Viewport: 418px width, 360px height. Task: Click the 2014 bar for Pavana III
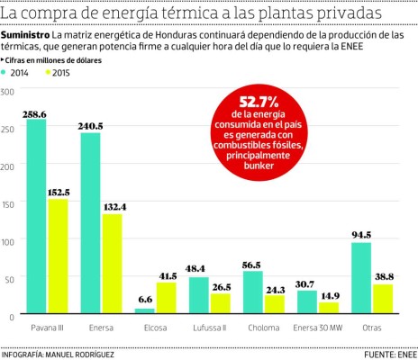36,216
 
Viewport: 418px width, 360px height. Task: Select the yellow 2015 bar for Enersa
112,265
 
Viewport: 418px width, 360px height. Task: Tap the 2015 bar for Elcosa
166,298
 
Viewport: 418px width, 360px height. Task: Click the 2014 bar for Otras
361,278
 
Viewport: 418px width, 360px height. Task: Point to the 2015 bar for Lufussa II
220,303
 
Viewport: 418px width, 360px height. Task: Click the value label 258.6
35,114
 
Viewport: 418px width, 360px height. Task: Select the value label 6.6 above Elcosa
143,300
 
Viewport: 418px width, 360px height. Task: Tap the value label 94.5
361,235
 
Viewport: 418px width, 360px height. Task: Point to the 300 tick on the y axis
9,91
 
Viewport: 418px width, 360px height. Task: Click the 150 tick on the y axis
9,203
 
